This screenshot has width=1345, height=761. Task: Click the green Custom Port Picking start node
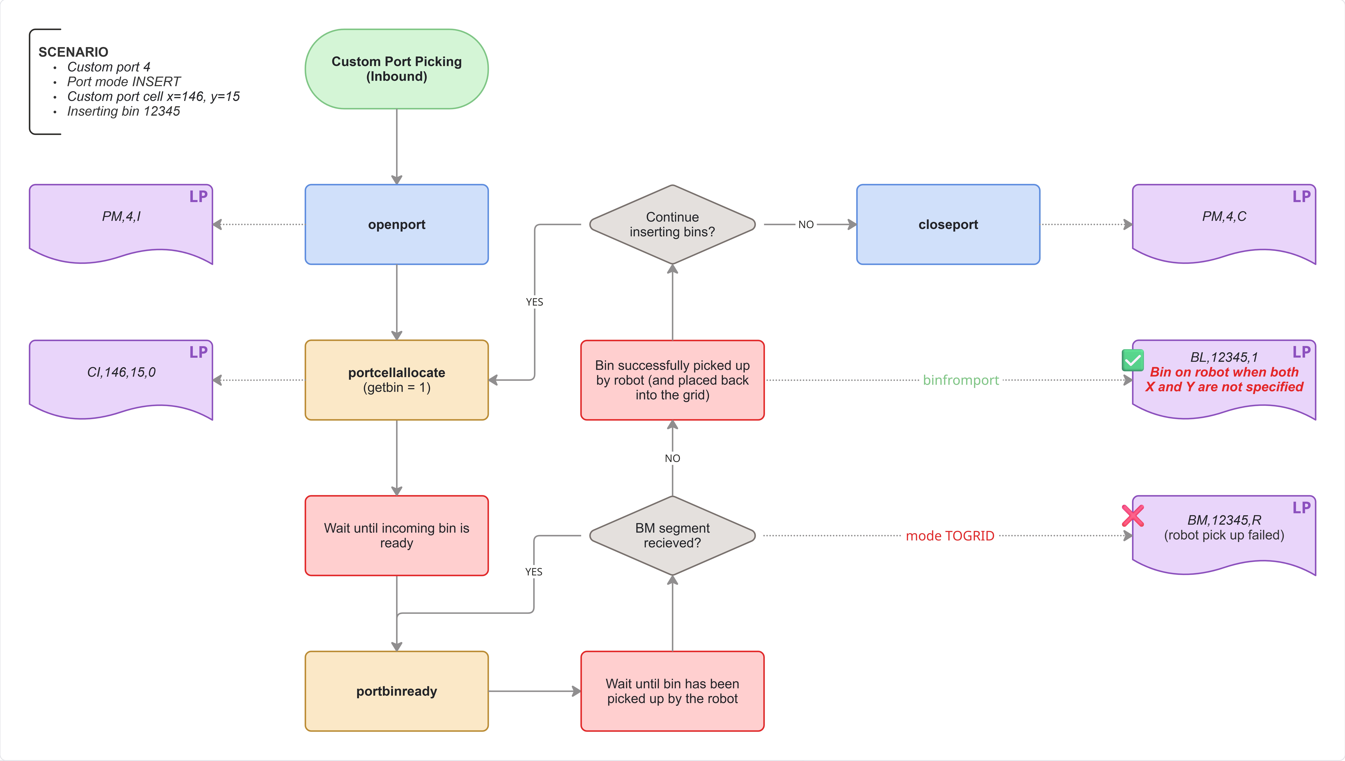397,69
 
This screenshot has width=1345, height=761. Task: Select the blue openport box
397,224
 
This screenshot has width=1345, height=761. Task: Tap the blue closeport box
948,224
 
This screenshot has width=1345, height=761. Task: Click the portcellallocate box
397,380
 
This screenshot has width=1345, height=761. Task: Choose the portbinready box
397,691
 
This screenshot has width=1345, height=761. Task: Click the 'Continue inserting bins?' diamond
672,224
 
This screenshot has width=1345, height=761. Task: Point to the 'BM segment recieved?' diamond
672,535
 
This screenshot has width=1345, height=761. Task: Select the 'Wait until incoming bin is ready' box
397,535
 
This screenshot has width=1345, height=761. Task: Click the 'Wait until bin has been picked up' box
672,691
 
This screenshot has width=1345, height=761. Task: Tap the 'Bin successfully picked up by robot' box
672,380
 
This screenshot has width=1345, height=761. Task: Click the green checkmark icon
1132,360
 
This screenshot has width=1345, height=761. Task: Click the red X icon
1132,515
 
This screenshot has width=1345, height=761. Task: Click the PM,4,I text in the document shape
121,216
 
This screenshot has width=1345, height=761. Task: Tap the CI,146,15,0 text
121,372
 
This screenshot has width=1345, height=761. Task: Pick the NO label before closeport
806,225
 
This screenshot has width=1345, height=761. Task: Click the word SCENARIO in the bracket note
73,52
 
